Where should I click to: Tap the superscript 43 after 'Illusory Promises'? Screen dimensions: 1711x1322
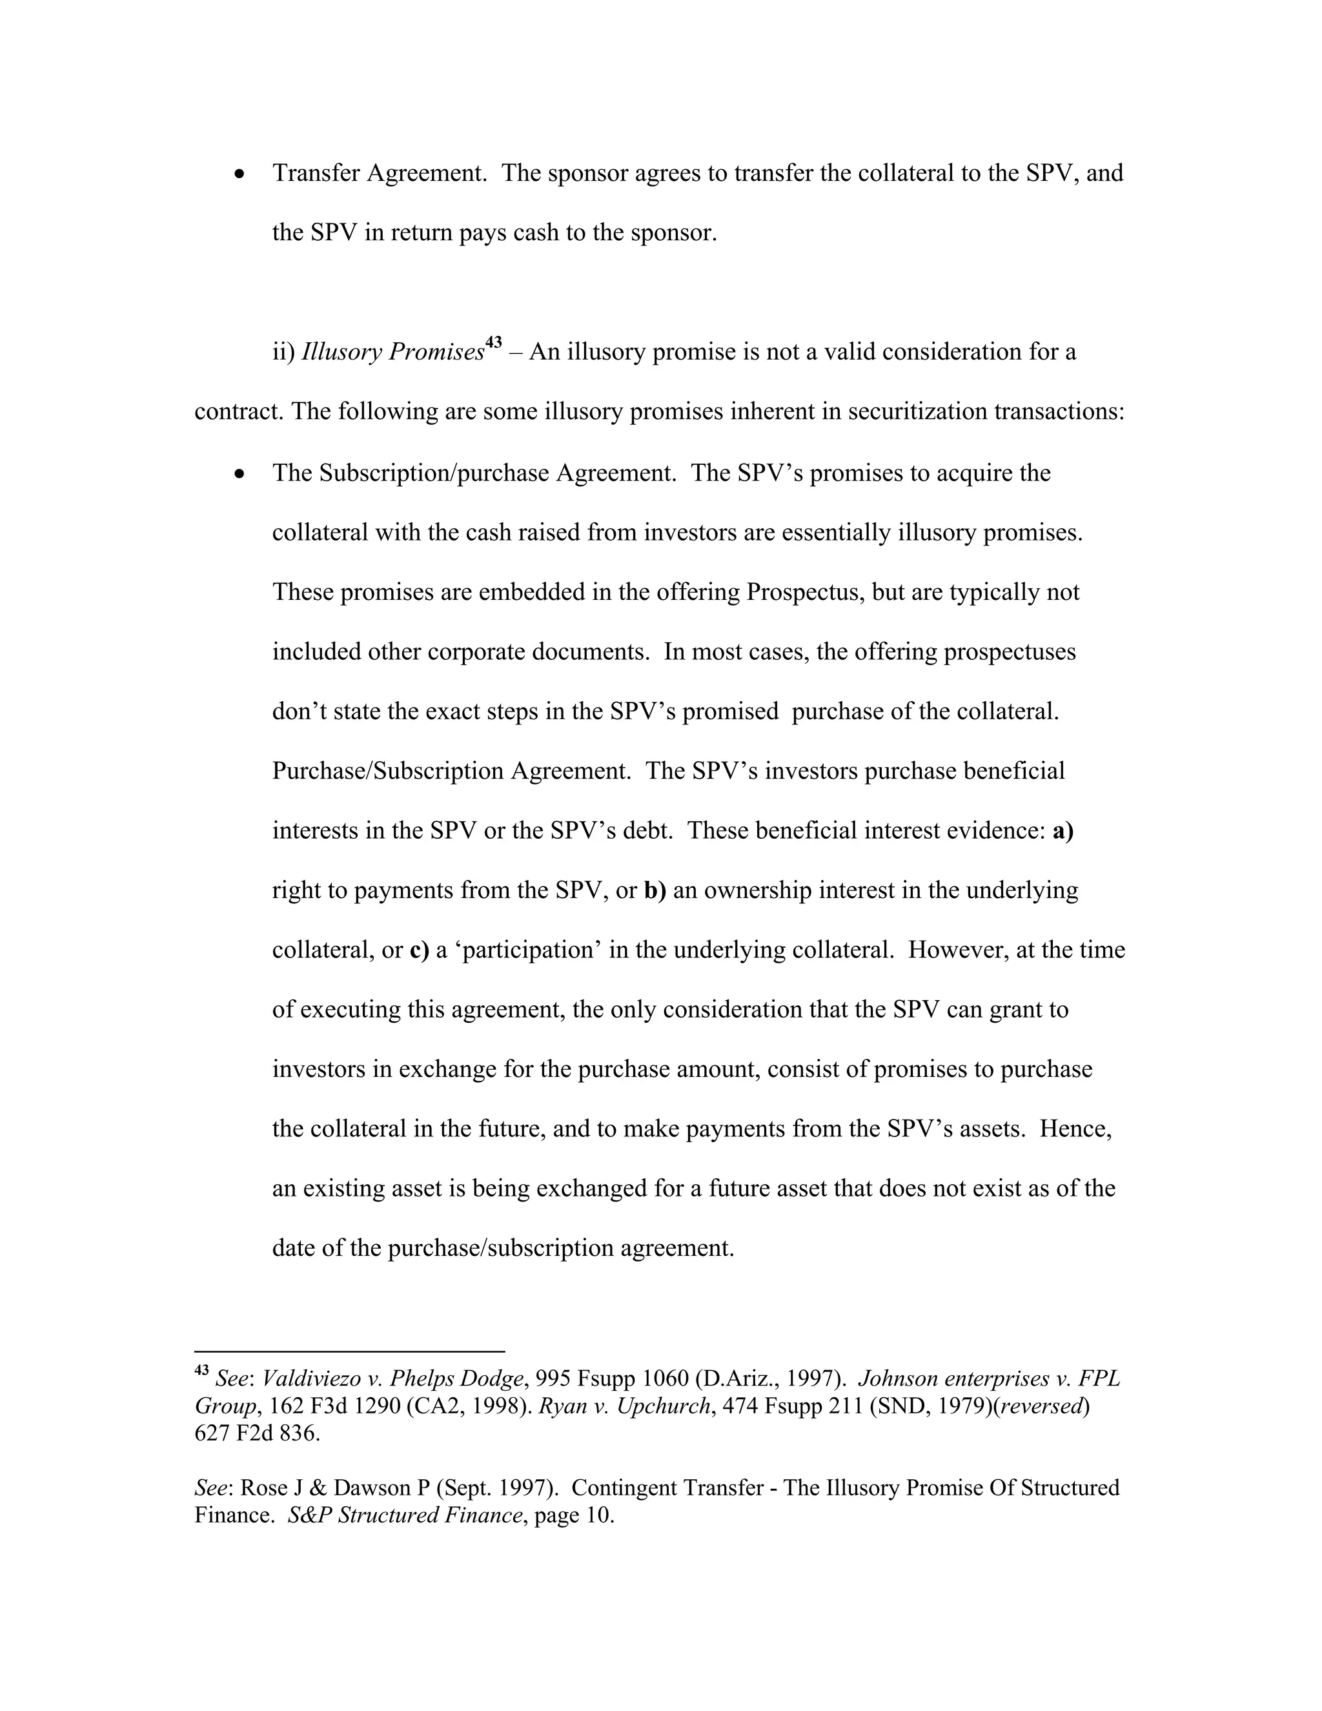493,342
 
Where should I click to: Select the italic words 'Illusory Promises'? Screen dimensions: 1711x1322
392,353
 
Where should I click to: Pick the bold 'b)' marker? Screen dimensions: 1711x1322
655,891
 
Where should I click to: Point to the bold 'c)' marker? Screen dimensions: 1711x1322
419,950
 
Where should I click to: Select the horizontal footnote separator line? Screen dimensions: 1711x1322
349,1351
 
